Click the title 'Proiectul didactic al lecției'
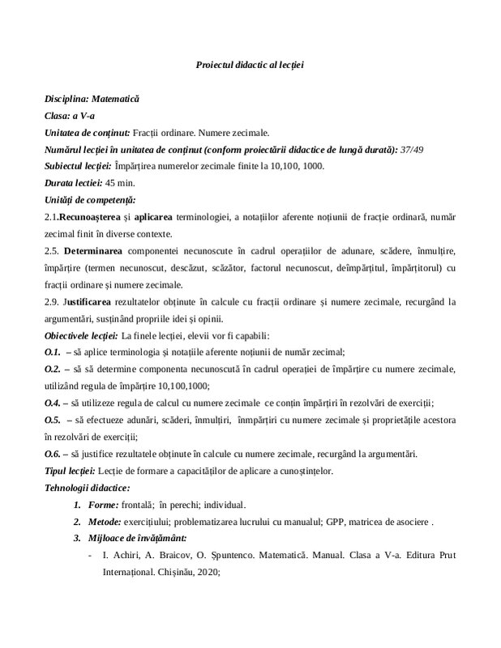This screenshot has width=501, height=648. pyautogui.click(x=250, y=64)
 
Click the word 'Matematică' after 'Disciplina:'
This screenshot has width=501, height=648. pyautogui.click(x=117, y=98)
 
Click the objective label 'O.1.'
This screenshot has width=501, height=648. pyautogui.click(x=54, y=352)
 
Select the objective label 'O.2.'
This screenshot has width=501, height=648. pyautogui.click(x=54, y=369)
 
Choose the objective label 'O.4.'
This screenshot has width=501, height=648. pyautogui.click(x=54, y=403)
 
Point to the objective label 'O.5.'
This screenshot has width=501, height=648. pyautogui.click(x=54, y=420)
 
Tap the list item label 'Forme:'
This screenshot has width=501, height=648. pyautogui.click(x=103, y=505)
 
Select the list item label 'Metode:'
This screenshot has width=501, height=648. pyautogui.click(x=106, y=522)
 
